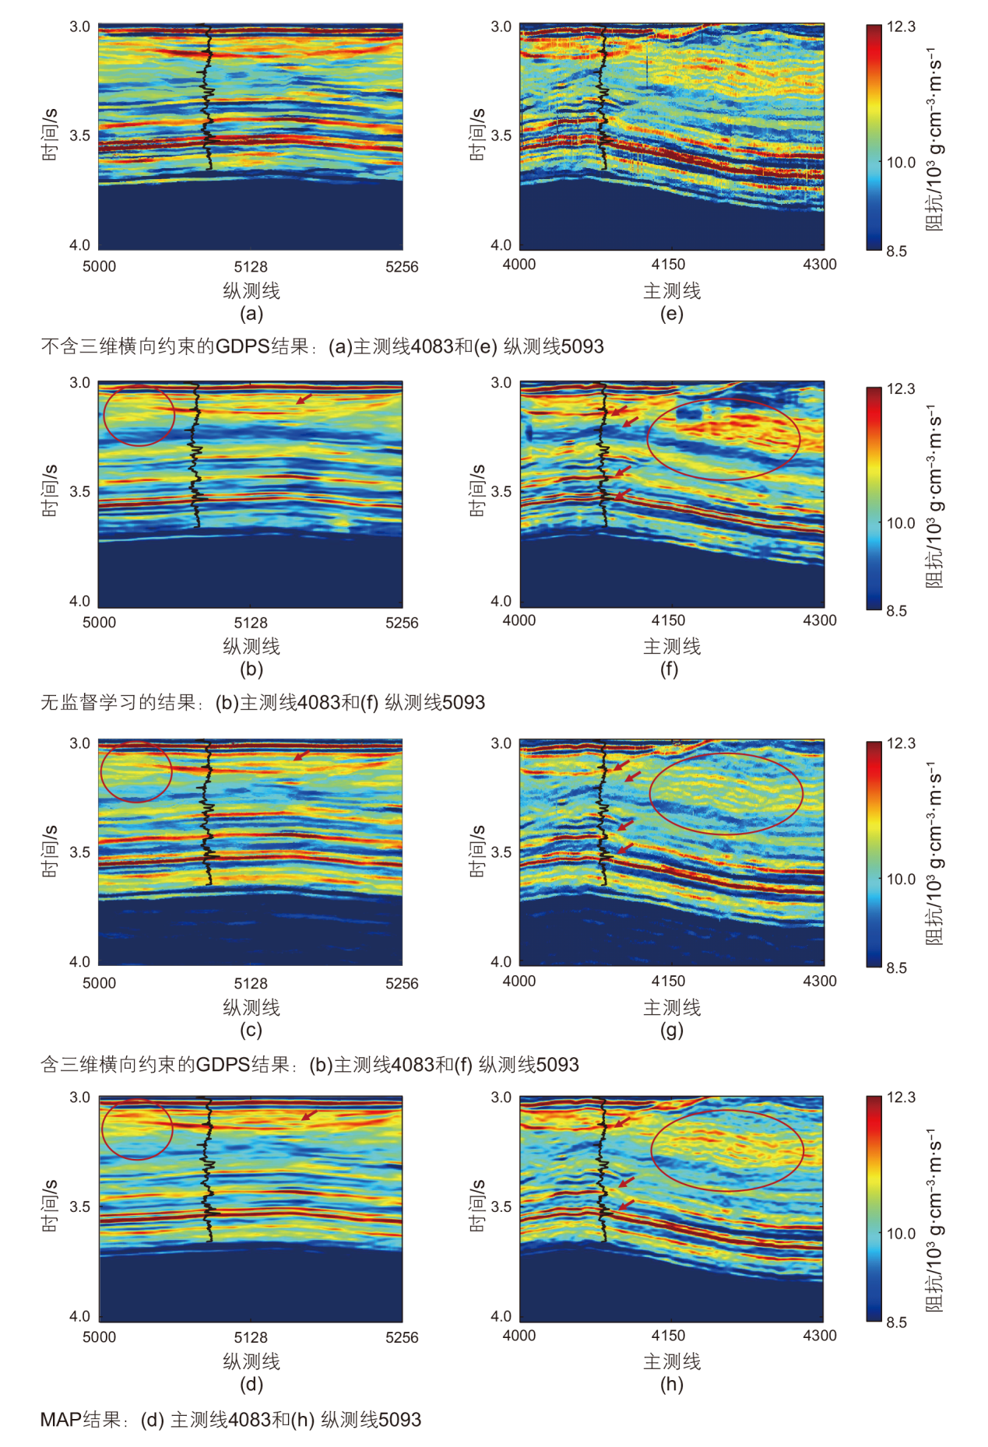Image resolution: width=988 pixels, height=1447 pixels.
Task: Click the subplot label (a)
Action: click(x=251, y=314)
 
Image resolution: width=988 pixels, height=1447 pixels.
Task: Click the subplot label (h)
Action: click(x=671, y=1384)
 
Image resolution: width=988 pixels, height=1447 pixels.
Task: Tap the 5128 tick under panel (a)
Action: click(x=251, y=266)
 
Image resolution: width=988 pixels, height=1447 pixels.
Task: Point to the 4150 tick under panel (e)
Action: click(x=668, y=265)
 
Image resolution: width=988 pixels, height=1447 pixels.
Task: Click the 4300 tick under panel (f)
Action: click(x=820, y=620)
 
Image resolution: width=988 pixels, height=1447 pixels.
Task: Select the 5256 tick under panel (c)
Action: click(x=402, y=983)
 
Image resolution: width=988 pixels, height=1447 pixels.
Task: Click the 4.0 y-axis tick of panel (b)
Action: click(x=79, y=601)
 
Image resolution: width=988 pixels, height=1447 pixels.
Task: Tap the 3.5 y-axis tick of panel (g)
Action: click(x=501, y=852)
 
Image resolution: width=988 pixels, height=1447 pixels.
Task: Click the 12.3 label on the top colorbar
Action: click(x=901, y=26)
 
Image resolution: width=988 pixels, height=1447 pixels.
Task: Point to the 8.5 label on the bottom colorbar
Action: click(x=896, y=1322)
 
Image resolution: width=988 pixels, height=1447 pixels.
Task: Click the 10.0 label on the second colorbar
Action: click(x=901, y=523)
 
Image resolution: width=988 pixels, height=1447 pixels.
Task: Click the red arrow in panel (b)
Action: click(x=304, y=399)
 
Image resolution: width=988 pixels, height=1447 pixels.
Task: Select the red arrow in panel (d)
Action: click(x=309, y=1115)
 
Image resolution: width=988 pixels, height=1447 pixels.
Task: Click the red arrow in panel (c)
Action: click(x=301, y=756)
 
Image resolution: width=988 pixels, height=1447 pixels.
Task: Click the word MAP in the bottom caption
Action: click(x=61, y=1420)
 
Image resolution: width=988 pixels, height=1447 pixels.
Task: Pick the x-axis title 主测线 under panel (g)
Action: click(x=672, y=1007)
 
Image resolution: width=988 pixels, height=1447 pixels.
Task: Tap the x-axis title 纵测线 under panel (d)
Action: click(x=251, y=1361)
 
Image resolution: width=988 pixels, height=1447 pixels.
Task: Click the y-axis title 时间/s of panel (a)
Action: click(x=50, y=135)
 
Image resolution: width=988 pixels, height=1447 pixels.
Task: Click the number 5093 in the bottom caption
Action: click(x=399, y=1420)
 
